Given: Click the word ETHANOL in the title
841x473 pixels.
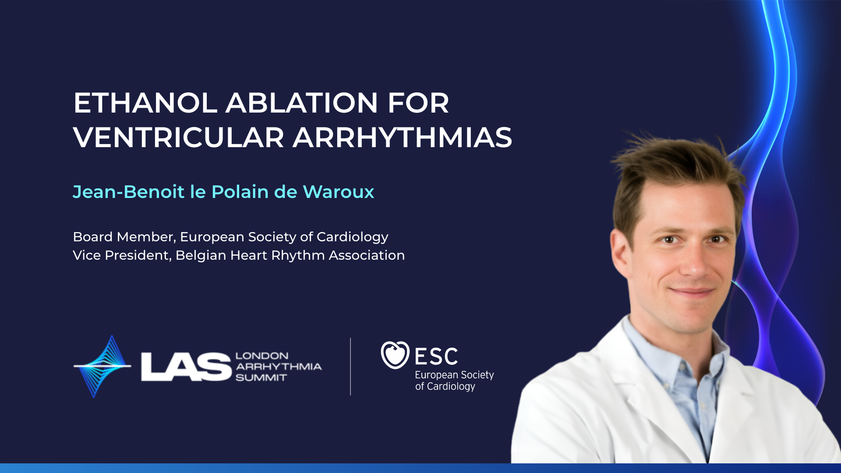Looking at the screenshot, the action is click(145, 103).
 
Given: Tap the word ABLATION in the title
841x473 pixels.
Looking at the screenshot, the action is click(302, 103).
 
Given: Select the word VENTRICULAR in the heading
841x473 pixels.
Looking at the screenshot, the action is click(179, 138).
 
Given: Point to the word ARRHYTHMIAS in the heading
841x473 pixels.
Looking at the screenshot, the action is click(403, 138).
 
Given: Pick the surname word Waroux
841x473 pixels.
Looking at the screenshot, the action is click(338, 192).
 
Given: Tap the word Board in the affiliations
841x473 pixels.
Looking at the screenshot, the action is click(93, 237).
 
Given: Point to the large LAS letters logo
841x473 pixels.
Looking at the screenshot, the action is click(186, 367).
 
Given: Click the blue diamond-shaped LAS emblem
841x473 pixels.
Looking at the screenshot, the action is click(102, 367).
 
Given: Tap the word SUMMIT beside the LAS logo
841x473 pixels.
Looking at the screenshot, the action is click(261, 378).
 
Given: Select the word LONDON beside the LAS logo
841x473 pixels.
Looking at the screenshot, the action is click(262, 356).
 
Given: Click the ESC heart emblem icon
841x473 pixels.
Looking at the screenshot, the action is click(395, 355).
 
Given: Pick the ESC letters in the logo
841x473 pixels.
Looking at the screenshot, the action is click(436, 357).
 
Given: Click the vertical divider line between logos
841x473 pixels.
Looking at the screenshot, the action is click(350, 367).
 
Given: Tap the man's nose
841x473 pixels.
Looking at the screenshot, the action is click(694, 261).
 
